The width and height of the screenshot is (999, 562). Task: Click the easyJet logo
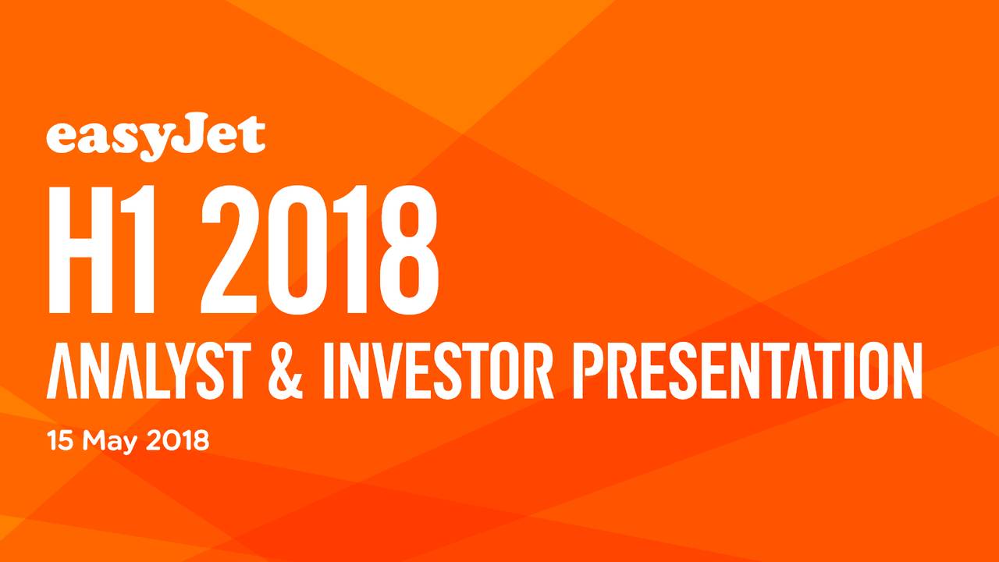pyautogui.click(x=155, y=138)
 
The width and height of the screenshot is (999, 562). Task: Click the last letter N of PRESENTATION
pyautogui.click(x=905, y=372)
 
